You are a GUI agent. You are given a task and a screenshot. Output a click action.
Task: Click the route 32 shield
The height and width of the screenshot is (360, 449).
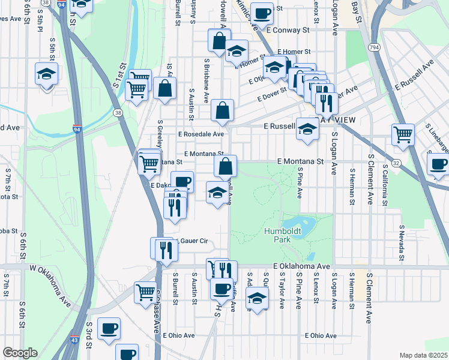coord(396,163)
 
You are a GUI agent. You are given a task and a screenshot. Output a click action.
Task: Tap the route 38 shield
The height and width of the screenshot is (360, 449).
coord(117,112)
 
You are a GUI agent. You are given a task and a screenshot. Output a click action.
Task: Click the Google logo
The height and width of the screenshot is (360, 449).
coord(20,353)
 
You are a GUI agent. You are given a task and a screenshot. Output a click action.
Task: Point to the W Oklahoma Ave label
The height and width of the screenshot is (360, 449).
coord(51,286)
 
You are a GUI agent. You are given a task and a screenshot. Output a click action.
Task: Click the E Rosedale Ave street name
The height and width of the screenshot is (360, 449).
coord(200,134)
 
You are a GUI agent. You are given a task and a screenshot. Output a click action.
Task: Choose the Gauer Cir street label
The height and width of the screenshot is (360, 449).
coord(192,241)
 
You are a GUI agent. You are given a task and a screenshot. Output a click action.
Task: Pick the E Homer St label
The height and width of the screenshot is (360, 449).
coord(294,52)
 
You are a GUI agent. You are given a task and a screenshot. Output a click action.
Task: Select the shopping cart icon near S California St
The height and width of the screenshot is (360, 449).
coord(403,134)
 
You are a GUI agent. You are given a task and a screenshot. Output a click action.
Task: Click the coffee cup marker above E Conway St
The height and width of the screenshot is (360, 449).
coord(262,13)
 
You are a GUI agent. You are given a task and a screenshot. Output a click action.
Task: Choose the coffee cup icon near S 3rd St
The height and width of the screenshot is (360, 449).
coord(109,328)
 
